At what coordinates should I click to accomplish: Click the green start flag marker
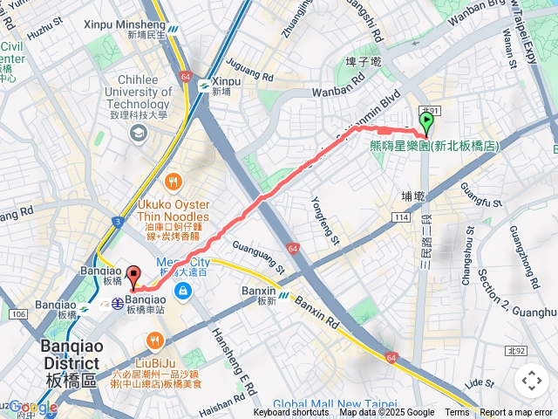(x=426, y=122)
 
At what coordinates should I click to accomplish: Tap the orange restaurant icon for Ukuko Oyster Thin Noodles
(x=174, y=182)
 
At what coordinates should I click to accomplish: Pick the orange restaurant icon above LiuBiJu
(x=155, y=340)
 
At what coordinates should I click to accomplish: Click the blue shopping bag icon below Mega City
(x=182, y=290)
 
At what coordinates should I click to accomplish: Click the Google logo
(x=32, y=407)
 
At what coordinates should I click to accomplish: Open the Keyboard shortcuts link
(x=291, y=413)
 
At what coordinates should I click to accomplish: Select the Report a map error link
(x=516, y=413)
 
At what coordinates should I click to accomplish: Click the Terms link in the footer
(x=457, y=413)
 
